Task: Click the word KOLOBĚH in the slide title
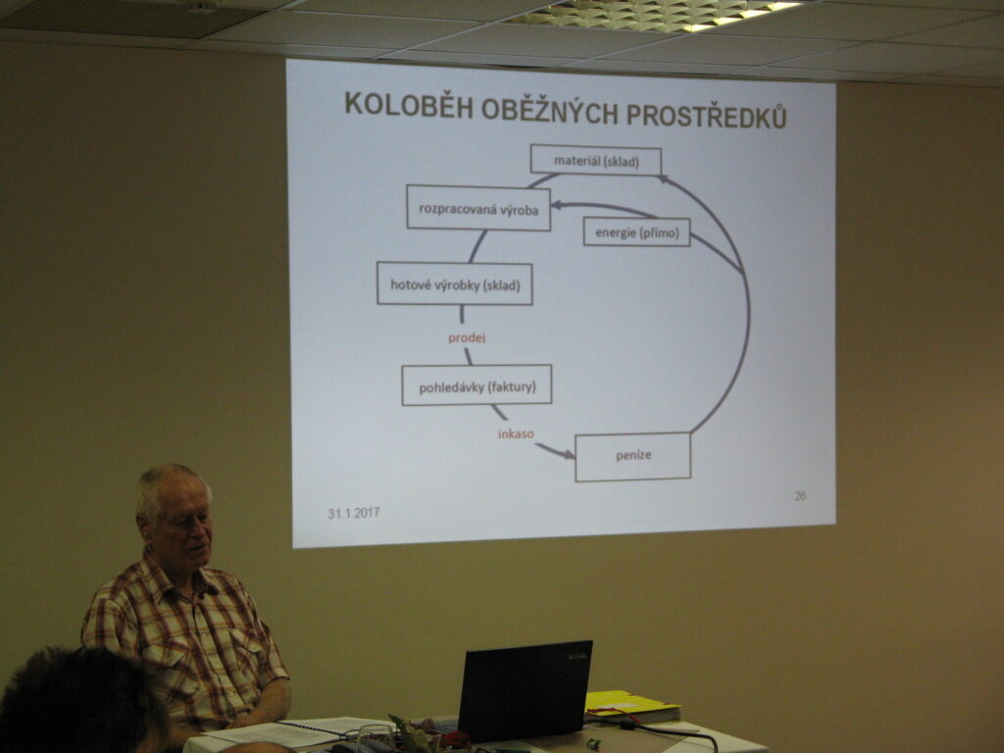click(408, 106)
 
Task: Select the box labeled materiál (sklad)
click(595, 160)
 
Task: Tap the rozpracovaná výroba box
click(478, 208)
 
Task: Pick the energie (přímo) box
click(636, 231)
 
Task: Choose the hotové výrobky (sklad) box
click(455, 283)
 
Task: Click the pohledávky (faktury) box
click(477, 385)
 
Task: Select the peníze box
click(633, 457)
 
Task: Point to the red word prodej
click(467, 337)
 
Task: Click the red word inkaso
click(516, 434)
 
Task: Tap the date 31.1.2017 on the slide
click(353, 513)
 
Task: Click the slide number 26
click(800, 495)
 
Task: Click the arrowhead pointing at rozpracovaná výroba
click(557, 205)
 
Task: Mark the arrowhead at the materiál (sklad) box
click(664, 179)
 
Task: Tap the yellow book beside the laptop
click(632, 706)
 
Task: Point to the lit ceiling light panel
click(660, 14)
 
